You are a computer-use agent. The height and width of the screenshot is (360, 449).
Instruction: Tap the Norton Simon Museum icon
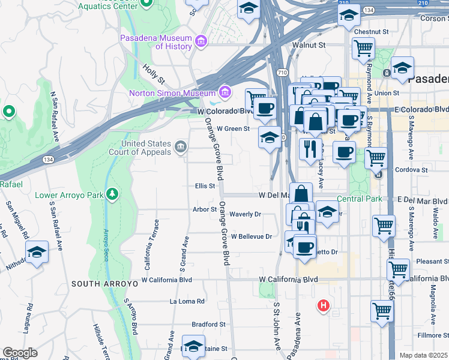[x=225, y=92]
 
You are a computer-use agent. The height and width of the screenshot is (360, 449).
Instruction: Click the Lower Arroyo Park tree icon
[x=112, y=194]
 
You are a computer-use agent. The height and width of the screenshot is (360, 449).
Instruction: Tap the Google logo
[x=20, y=352]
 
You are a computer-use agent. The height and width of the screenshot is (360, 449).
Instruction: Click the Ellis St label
[x=205, y=186]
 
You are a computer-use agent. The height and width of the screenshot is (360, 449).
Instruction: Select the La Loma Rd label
[x=187, y=301]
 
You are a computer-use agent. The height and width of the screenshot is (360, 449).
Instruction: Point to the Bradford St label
[x=205, y=324]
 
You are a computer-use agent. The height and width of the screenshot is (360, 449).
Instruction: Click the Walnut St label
[x=309, y=45]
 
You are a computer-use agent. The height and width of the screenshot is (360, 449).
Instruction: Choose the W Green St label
[x=233, y=128]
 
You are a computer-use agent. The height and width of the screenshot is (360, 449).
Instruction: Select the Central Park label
[x=359, y=199]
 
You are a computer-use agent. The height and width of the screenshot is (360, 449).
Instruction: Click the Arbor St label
[x=205, y=209]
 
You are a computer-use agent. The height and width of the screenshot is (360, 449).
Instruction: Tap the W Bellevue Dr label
[x=252, y=236]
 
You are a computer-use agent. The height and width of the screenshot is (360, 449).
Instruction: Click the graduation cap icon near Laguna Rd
[x=37, y=253]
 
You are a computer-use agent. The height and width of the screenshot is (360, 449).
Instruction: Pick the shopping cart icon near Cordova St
[x=376, y=158]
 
